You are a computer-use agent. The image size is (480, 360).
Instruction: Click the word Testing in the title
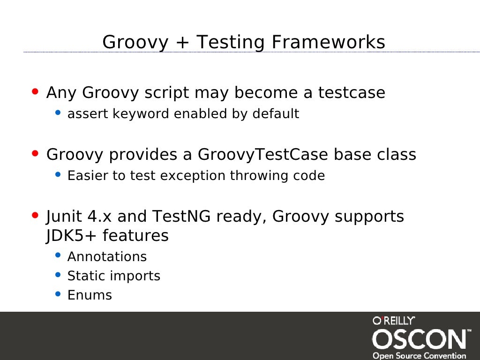231,43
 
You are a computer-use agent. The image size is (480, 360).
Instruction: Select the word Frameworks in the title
329,42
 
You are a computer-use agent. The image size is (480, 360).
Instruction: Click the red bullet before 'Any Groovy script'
35,92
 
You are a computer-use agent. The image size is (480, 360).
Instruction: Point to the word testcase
352,93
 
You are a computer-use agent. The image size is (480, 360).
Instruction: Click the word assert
88,114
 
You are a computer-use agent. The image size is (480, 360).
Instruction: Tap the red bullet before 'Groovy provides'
35,153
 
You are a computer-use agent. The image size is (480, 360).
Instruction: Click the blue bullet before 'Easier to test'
58,174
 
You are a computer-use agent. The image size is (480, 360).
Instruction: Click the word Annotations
107,257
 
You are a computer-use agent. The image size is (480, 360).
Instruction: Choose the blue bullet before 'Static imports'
58,275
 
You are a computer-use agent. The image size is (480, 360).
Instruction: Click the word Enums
90,295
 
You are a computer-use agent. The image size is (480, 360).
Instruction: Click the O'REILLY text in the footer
394,321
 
